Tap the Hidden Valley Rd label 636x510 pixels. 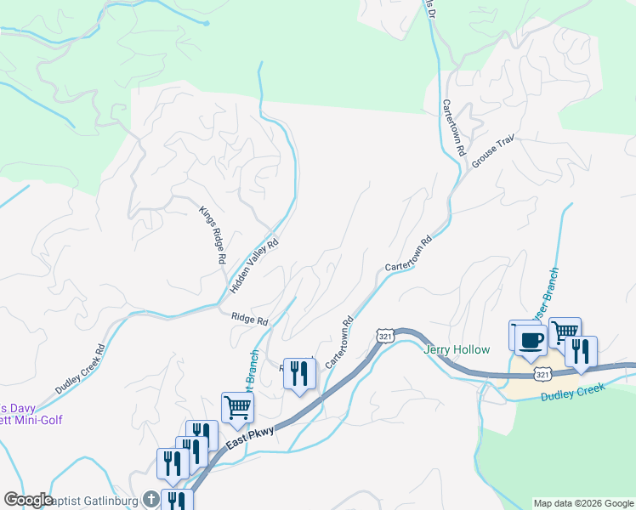pos(254,267)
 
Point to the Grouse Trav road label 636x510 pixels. pos(494,153)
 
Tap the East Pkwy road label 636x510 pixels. pos(250,439)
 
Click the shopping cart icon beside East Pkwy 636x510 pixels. pos(237,407)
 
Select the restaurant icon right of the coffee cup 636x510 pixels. pos(581,352)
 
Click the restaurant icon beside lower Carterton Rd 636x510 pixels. pos(298,373)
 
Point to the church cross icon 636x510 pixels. pos(151,499)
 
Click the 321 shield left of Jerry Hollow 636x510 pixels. pos(385,337)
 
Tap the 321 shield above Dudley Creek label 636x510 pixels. pos(542,374)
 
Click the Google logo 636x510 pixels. pos(28,501)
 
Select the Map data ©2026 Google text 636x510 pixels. pos(582,503)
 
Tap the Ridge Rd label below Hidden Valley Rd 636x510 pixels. pos(249,320)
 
